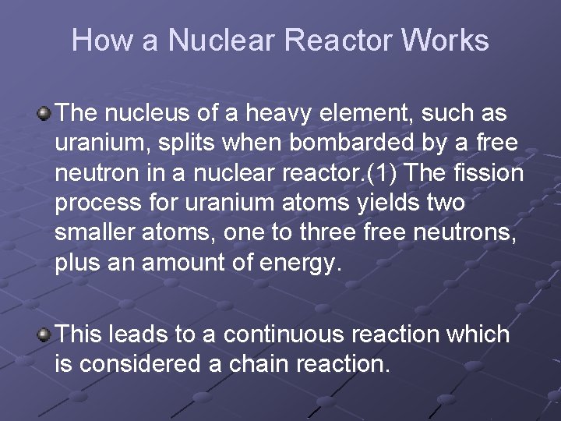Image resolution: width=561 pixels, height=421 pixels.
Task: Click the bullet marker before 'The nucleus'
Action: [44, 114]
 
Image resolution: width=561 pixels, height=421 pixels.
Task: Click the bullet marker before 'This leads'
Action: [44, 335]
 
